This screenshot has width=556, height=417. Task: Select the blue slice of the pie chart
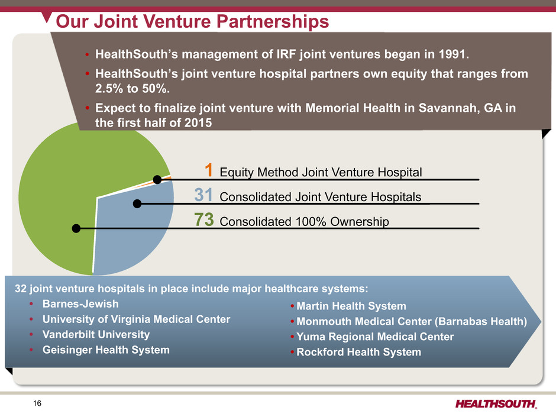(131, 231)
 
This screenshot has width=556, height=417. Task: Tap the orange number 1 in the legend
(209, 170)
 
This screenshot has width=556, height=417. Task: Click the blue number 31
(203, 195)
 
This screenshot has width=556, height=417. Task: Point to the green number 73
(204, 219)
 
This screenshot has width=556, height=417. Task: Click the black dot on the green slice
(76, 228)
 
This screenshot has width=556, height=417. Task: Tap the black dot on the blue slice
(137, 203)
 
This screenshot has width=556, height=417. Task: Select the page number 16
(37, 403)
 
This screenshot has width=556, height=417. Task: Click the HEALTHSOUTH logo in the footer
(496, 404)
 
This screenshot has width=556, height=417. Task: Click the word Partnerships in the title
(273, 21)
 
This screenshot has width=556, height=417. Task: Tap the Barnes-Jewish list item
(80, 304)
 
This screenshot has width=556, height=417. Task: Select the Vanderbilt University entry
(96, 334)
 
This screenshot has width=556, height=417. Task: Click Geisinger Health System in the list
(106, 350)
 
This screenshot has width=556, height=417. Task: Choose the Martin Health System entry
(351, 306)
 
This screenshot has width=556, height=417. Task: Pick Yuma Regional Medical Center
(375, 337)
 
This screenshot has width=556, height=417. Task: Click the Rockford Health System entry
(359, 352)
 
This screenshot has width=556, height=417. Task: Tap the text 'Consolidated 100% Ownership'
(304, 222)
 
